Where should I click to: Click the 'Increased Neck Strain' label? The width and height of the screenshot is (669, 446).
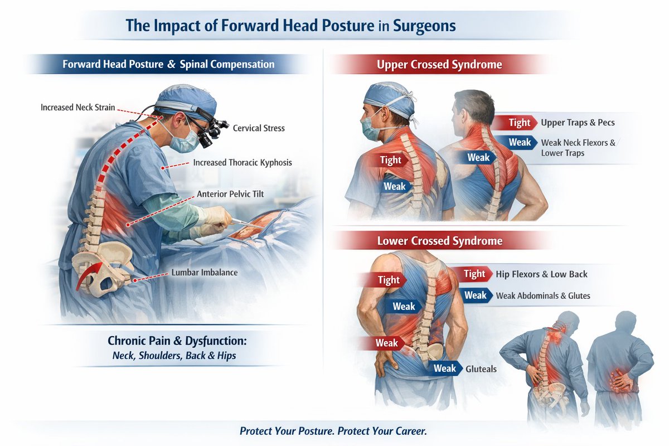coord(77,107)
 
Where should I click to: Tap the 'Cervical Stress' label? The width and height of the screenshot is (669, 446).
coord(259,128)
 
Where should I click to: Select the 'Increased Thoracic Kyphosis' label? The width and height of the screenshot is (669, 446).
coord(243,163)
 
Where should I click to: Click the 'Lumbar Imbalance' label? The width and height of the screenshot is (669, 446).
coord(205,273)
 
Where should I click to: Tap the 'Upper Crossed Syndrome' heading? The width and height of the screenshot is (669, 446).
coord(439,65)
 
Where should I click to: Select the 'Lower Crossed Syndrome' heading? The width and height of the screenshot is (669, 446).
coord(439,241)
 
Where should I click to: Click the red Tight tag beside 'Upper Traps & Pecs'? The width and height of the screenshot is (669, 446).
coord(518,123)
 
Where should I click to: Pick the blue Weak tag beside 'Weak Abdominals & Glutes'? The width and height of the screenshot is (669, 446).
coord(475,295)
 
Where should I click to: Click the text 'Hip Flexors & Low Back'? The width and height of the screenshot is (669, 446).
coord(541,274)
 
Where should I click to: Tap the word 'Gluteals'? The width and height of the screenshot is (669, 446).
coord(481,369)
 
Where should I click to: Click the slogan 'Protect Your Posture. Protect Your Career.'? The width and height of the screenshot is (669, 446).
coord(333,431)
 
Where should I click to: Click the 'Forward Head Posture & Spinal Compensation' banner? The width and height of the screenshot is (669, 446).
coord(168,64)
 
